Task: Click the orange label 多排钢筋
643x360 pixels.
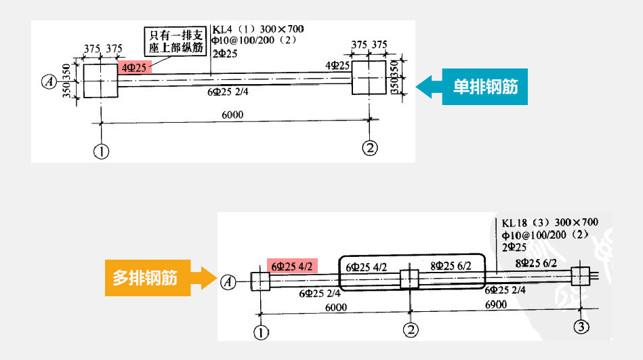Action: click(x=144, y=277)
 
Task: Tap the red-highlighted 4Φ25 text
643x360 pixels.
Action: click(x=133, y=68)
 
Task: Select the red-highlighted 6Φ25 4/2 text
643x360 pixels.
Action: click(x=291, y=266)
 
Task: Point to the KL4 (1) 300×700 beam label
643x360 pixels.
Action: click(x=258, y=29)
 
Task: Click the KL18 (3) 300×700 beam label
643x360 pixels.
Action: click(x=549, y=222)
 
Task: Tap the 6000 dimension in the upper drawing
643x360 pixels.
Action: click(x=232, y=115)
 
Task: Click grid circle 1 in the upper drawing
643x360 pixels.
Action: click(x=101, y=151)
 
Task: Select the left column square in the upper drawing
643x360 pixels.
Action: click(x=101, y=81)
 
